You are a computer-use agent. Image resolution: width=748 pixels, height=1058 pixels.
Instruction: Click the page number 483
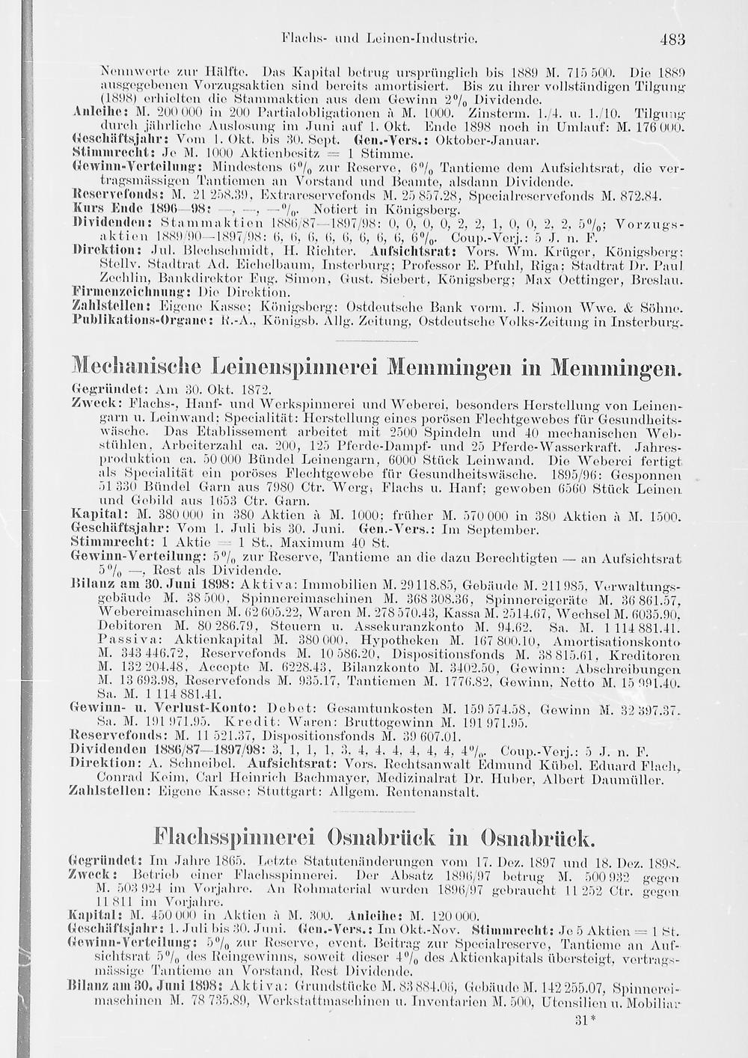(x=672, y=39)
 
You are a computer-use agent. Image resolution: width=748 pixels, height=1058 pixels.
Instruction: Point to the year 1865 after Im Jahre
(x=222, y=854)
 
